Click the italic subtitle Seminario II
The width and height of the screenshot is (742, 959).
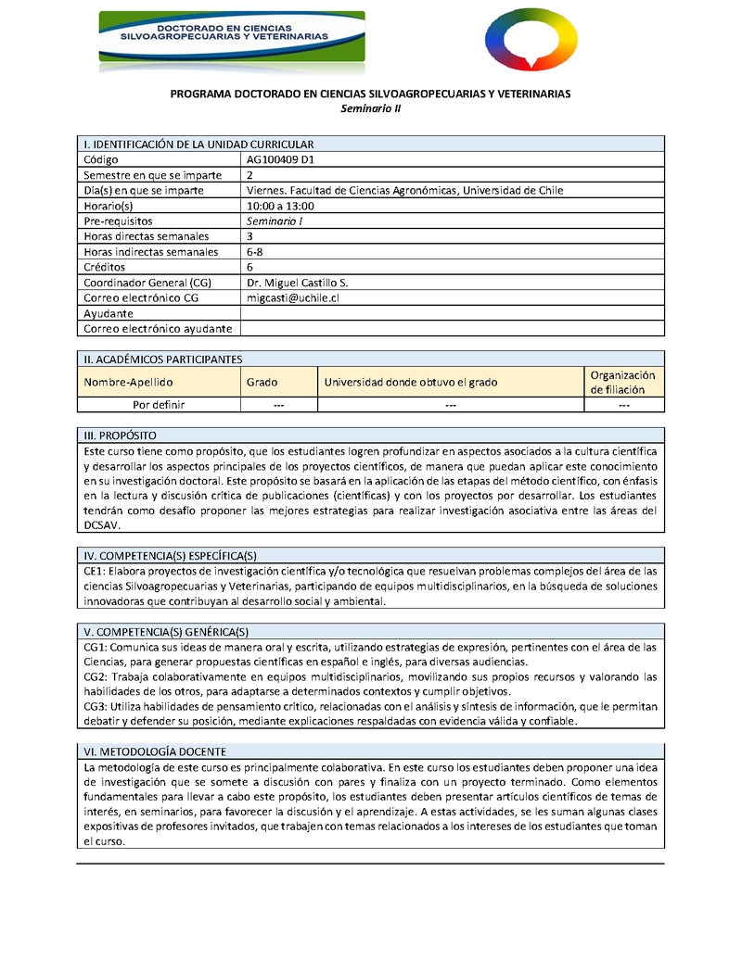[370, 108]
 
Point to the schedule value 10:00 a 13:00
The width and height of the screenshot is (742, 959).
[281, 206]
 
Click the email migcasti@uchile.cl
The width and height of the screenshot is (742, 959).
[293, 297]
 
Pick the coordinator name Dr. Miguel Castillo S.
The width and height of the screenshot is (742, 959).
[298, 283]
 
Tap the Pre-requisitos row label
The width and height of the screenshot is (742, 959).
[118, 221]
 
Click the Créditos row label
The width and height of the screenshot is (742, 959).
[106, 267]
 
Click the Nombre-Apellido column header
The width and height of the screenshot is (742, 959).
[128, 382]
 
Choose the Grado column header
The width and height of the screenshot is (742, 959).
[262, 382]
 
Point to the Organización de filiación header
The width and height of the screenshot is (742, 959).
[622, 382]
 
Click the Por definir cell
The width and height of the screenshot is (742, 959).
[159, 405]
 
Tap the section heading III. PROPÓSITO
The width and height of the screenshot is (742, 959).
[120, 435]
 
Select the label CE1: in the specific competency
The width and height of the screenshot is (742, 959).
[96, 571]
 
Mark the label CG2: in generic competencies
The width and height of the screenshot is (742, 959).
[97, 677]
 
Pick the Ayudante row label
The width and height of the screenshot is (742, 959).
[109, 313]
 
